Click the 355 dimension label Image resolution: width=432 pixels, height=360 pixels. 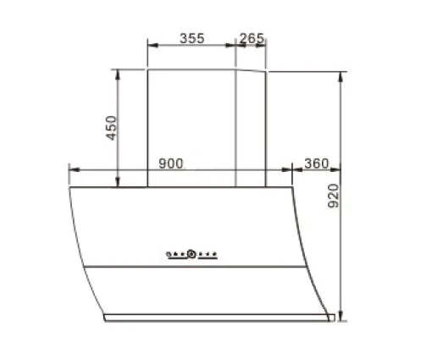pos(191,38)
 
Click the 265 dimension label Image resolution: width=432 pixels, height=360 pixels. pos(252,38)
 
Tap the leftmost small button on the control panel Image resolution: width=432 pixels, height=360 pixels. pos(169,253)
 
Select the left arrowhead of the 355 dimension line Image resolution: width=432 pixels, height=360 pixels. pos(150,47)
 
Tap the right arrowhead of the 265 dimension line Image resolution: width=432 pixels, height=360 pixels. pos(267,47)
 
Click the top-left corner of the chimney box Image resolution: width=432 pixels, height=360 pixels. pos(148,70)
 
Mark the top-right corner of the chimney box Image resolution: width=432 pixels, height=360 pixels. pos(268,73)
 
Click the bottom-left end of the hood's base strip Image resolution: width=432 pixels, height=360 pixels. pos(104,319)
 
